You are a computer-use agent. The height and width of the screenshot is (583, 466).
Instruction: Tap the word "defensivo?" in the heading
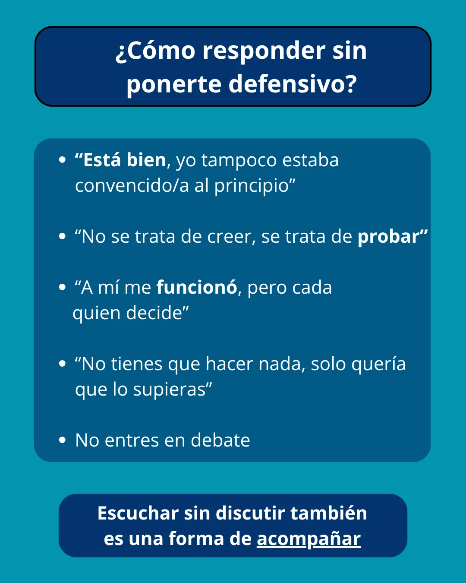point(293,84)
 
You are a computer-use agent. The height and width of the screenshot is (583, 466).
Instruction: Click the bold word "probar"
point(389,237)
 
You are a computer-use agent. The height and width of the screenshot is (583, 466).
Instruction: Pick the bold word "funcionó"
point(197,288)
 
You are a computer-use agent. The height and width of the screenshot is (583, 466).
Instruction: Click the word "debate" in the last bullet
point(220,440)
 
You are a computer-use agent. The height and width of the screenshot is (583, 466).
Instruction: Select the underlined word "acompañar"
point(309,539)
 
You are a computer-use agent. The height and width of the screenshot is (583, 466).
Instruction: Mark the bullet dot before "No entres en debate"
point(63,440)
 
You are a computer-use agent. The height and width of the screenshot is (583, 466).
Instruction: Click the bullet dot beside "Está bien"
point(63,160)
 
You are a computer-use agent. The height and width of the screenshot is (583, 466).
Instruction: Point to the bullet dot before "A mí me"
point(63,288)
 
